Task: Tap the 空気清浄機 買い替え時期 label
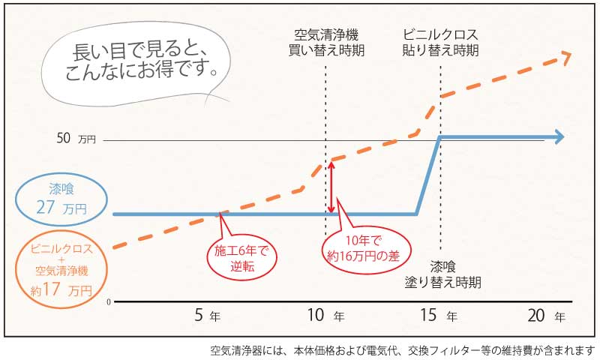[x=327, y=43]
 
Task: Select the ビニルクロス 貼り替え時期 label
[x=440, y=43]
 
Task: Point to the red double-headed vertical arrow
[x=331, y=187]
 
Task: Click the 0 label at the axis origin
[x=109, y=301]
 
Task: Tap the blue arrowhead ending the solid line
[x=558, y=136]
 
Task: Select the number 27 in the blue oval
[x=46, y=207]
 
